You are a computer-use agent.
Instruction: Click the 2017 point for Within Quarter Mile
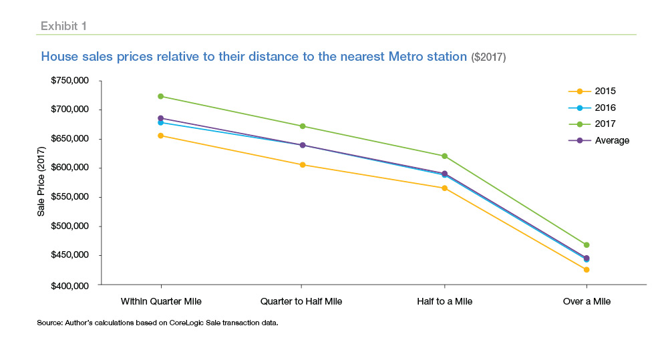pyautogui.click(x=160, y=96)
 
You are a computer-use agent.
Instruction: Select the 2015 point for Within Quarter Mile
pyautogui.click(x=160, y=136)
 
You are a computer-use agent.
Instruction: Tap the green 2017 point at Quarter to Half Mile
pyautogui.click(x=303, y=126)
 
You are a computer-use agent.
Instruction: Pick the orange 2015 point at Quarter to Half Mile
pyautogui.click(x=303, y=165)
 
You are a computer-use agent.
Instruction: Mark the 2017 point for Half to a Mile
pyautogui.click(x=444, y=156)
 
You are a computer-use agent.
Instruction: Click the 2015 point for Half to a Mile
pyautogui.click(x=444, y=188)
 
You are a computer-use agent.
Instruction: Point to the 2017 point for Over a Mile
pyautogui.click(x=587, y=245)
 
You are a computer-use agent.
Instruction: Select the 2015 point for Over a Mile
pyautogui.click(x=587, y=270)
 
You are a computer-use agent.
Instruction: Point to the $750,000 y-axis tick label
pyautogui.click(x=71, y=81)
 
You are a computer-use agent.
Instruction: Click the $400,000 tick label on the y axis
pyautogui.click(x=71, y=285)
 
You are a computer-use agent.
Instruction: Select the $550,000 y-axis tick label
pyautogui.click(x=71, y=198)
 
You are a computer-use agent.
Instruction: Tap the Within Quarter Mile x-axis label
pyautogui.click(x=160, y=301)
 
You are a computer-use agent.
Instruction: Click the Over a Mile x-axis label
pyautogui.click(x=587, y=301)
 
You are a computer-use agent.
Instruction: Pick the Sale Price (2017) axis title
pyautogui.click(x=41, y=182)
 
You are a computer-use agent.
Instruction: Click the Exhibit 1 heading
pyautogui.click(x=63, y=26)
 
